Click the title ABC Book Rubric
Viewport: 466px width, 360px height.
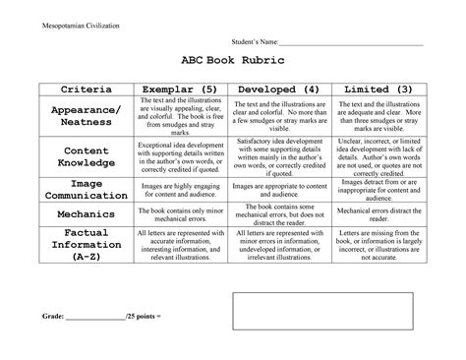click(232, 61)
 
